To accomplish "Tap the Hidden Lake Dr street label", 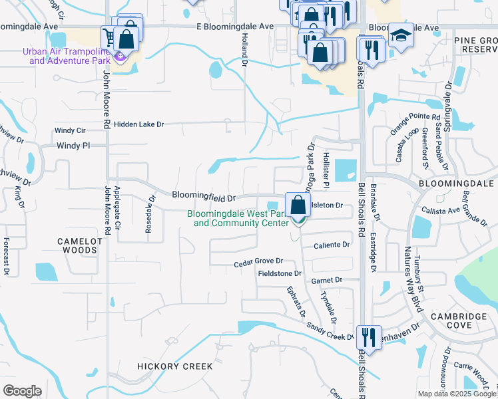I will coord(138,124).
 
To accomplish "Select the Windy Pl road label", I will coord(73,145).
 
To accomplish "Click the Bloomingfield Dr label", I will coord(204,196).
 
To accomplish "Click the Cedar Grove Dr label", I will coord(258,263).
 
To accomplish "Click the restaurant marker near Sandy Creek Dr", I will coord(368,336).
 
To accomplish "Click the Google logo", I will coord(22,391).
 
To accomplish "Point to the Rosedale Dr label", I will coord(149,213).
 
